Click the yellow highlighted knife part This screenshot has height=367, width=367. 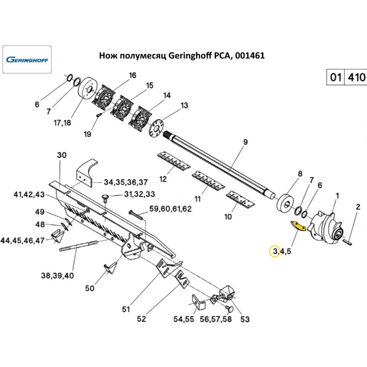pyautogui.click(x=298, y=226)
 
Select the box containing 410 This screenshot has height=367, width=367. pyautogui.click(x=355, y=78)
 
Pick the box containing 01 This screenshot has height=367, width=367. pyautogui.click(x=335, y=78)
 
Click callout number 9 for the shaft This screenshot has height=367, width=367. pyautogui.click(x=246, y=142)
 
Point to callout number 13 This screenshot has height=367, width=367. pyautogui.click(x=184, y=106)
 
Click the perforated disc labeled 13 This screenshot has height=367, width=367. pyautogui.click(x=157, y=128)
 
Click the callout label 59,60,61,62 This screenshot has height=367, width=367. pyautogui.click(x=170, y=210)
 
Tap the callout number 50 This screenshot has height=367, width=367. pyautogui.click(x=90, y=288)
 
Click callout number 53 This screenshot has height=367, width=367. pyautogui.click(x=244, y=319)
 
